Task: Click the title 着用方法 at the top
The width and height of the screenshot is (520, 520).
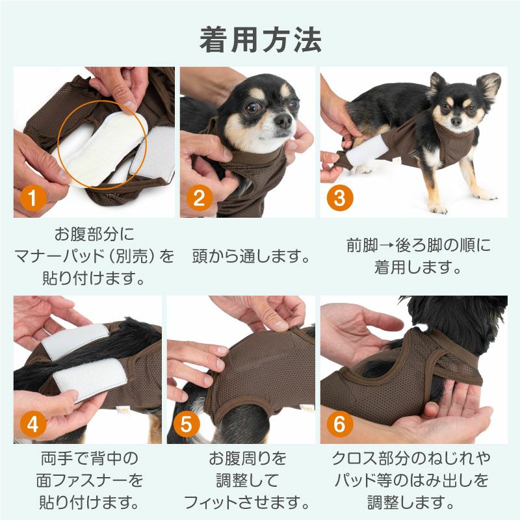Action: point(260,40)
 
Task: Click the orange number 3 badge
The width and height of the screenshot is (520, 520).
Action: point(339,198)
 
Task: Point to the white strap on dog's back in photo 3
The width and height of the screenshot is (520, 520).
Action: point(368,151)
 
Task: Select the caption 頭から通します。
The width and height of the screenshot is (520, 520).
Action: point(251,256)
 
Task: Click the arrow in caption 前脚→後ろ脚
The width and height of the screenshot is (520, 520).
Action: point(389,246)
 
